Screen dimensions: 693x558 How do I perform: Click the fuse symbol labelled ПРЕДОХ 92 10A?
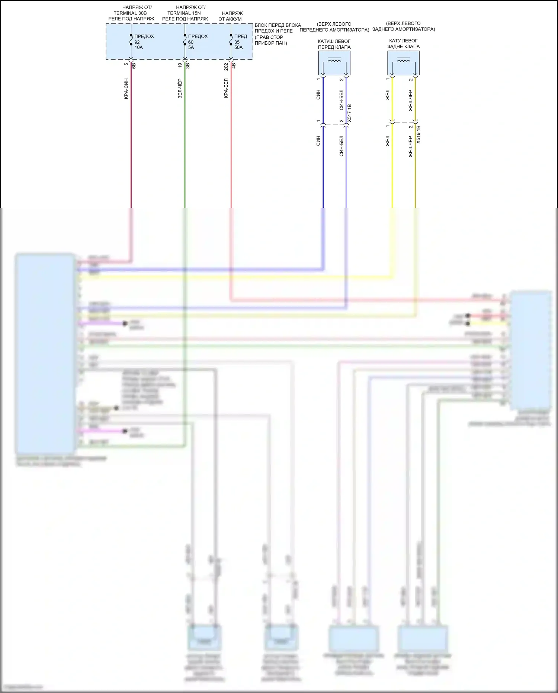(x=131, y=40)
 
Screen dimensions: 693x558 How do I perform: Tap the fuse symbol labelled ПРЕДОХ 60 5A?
(x=185, y=40)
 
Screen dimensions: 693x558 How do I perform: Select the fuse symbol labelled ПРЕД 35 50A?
(x=231, y=40)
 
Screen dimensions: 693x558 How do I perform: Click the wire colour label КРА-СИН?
(x=126, y=88)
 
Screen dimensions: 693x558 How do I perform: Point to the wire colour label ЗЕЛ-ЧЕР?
(x=180, y=88)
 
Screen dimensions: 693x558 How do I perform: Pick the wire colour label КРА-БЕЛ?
(x=226, y=88)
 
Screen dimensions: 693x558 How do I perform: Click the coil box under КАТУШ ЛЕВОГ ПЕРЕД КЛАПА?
(x=334, y=63)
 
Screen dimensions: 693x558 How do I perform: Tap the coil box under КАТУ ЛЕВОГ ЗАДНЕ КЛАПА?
(x=403, y=63)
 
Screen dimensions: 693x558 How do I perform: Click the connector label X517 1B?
(x=349, y=114)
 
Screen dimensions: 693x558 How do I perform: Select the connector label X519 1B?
(x=418, y=135)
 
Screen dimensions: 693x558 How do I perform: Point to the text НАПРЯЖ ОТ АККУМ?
(x=230, y=16)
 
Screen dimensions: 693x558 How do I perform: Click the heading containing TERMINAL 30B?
(x=131, y=13)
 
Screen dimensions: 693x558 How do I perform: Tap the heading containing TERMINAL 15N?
(x=185, y=13)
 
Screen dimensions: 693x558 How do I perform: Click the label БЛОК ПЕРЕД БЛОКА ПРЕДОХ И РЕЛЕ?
(x=278, y=28)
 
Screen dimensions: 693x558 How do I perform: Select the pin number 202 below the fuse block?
(x=226, y=66)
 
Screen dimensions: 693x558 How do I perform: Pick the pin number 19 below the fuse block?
(x=180, y=65)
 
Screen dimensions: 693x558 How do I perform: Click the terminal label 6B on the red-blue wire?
(x=134, y=65)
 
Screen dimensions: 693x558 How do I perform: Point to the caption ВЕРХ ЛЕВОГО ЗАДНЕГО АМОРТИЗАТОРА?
(x=404, y=26)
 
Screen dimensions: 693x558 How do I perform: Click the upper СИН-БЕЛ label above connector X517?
(x=341, y=100)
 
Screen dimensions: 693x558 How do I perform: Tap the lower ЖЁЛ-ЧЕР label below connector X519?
(x=411, y=147)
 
